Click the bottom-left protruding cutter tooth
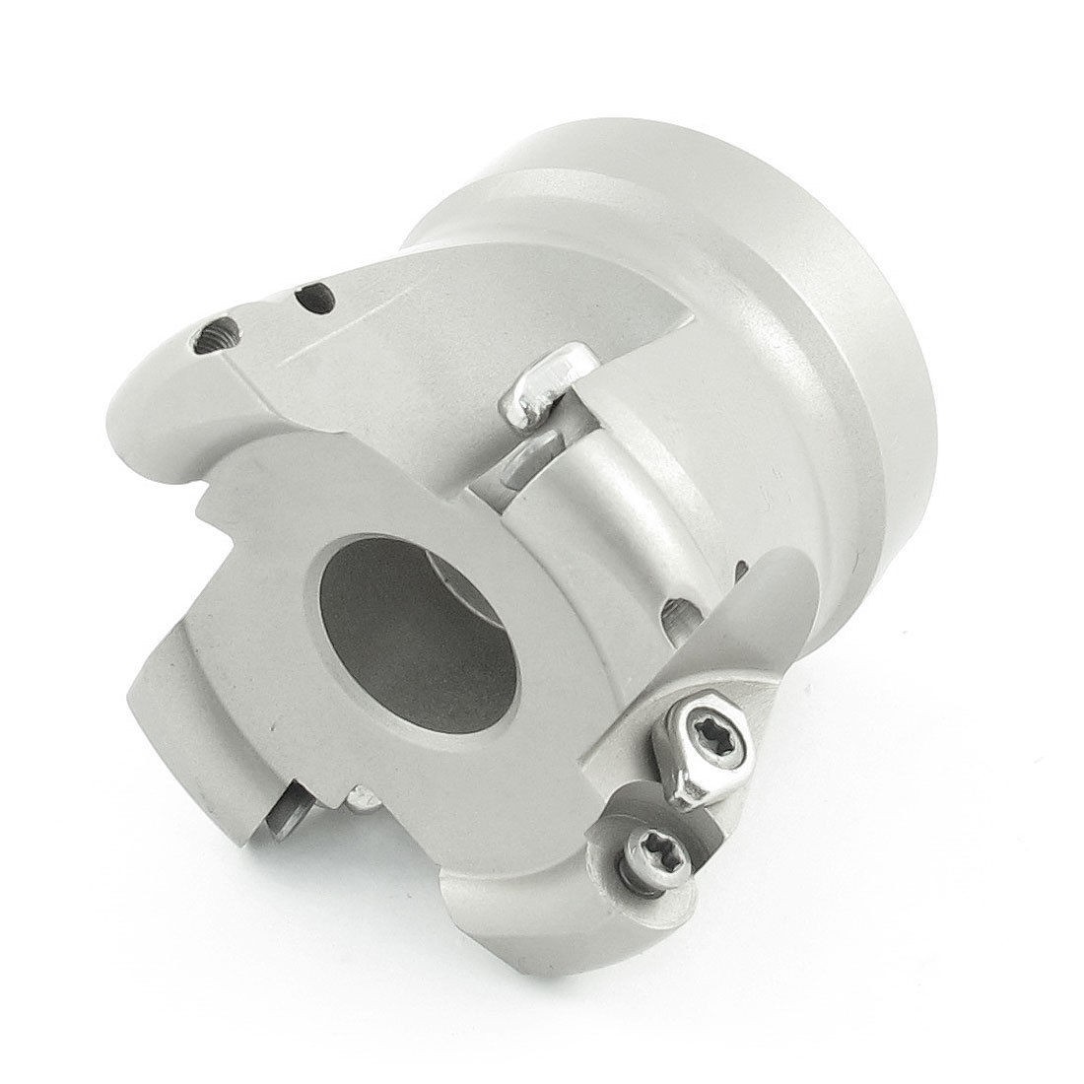[x=197, y=710]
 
